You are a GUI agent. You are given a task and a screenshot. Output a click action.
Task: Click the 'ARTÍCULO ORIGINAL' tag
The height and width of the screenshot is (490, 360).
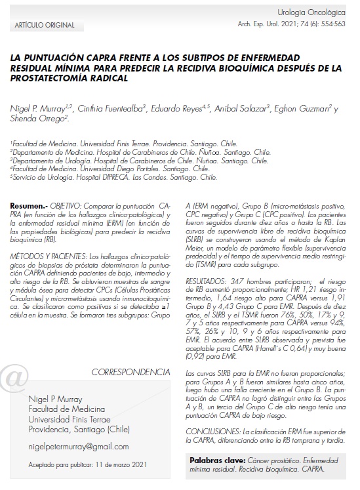click(39, 24)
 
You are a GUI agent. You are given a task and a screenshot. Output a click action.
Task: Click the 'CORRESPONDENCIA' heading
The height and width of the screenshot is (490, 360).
click(130, 372)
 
